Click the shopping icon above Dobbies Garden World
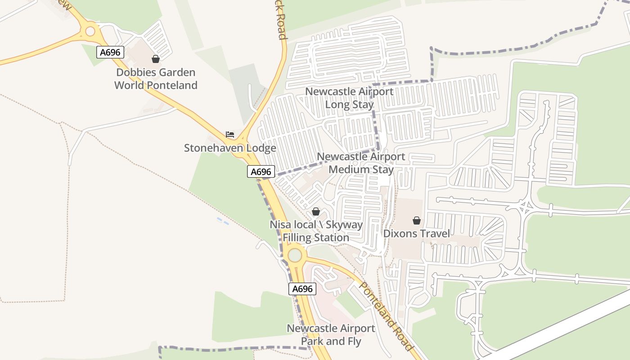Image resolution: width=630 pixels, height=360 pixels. pyautogui.click(x=156, y=59)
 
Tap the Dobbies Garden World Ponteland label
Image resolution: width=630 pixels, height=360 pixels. pyautogui.click(x=156, y=79)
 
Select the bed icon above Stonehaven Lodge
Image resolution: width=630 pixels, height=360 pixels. pyautogui.click(x=230, y=135)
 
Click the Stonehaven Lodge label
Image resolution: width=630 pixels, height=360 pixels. pyautogui.click(x=230, y=148)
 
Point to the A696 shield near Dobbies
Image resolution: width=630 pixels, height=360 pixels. pyautogui.click(x=110, y=52)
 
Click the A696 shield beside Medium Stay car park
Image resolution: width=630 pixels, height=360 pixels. pyautogui.click(x=261, y=171)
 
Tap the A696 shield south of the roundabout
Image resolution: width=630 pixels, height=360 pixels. pyautogui.click(x=302, y=289)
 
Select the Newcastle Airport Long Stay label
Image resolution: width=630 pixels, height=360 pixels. pyautogui.click(x=350, y=98)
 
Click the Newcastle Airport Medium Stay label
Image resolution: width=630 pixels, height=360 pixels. pyautogui.click(x=361, y=163)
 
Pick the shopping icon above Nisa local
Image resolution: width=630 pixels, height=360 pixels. pyautogui.click(x=316, y=211)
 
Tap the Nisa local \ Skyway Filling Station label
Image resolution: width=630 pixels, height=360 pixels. pyautogui.click(x=316, y=231)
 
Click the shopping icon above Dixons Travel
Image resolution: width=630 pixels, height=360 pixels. pyautogui.click(x=417, y=220)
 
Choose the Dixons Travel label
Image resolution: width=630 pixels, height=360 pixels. pyautogui.click(x=417, y=234)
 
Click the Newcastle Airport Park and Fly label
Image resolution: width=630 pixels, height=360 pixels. pyautogui.click(x=331, y=335)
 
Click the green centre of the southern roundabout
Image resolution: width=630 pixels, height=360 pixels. pyautogui.click(x=295, y=255)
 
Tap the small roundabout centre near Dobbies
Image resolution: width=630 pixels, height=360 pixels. pyautogui.click(x=90, y=31)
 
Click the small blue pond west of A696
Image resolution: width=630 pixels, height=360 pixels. pyautogui.click(x=222, y=221)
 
